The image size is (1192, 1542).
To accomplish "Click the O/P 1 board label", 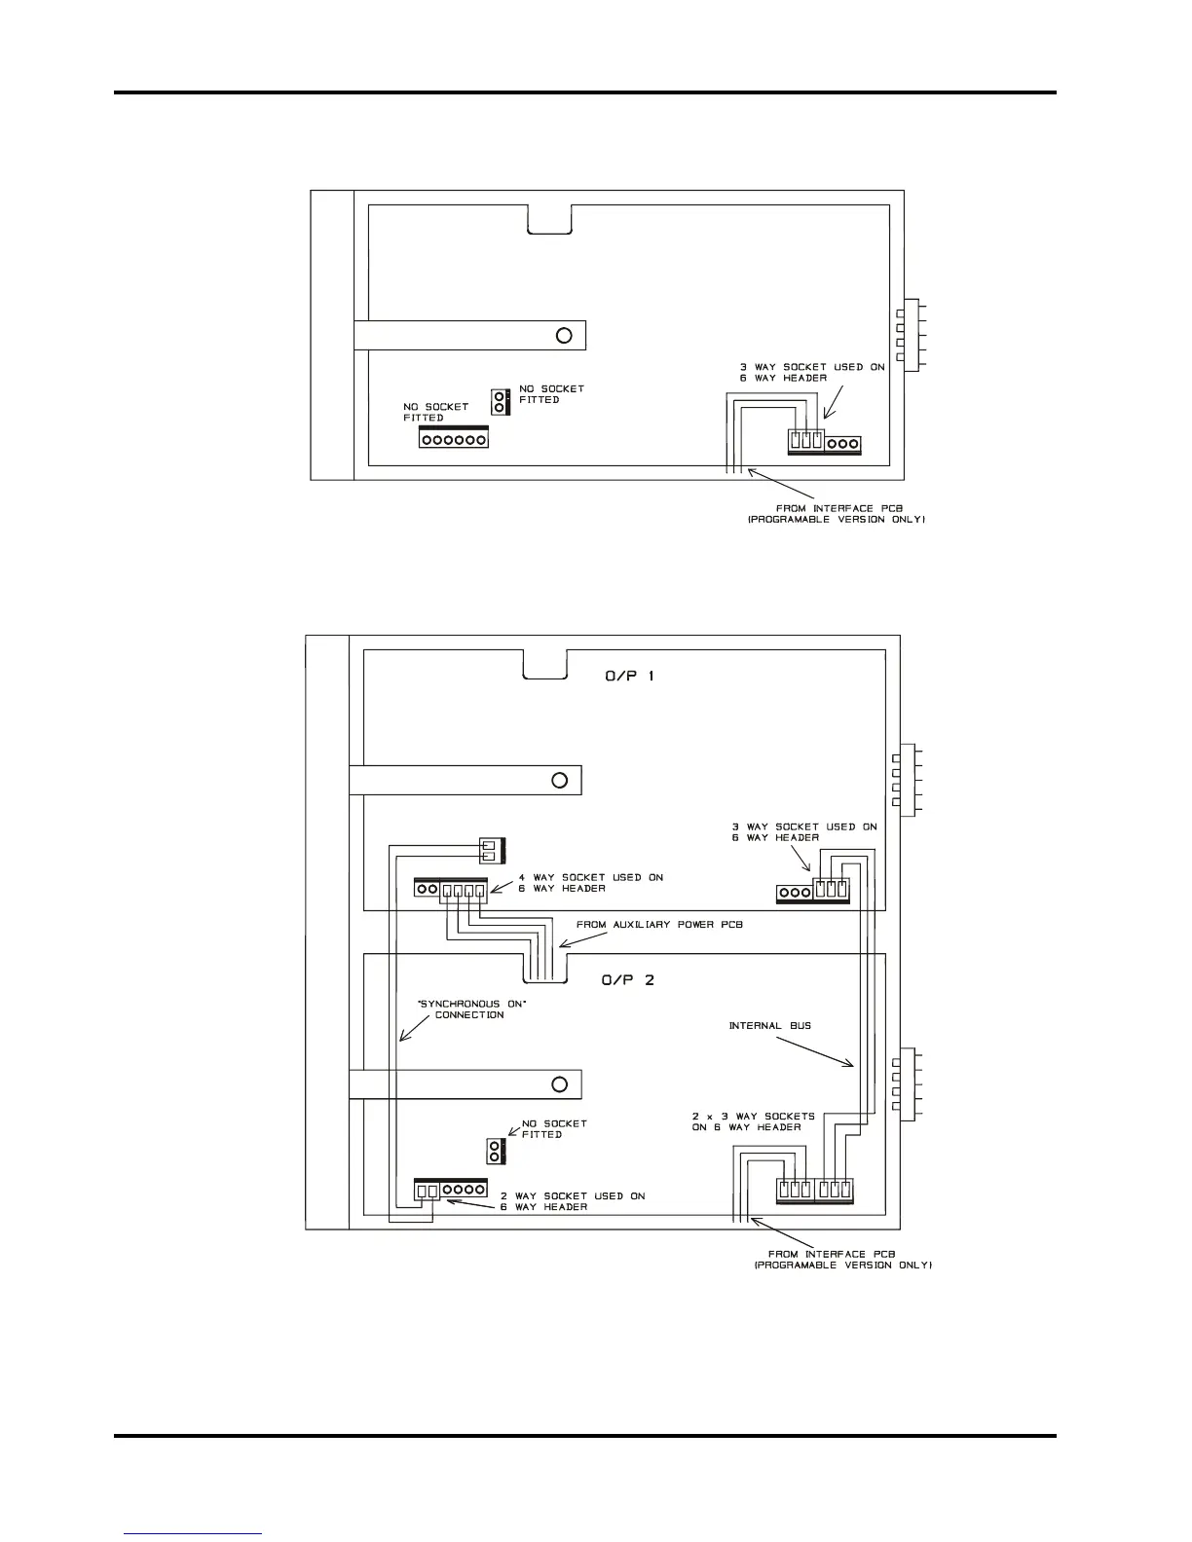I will [629, 676].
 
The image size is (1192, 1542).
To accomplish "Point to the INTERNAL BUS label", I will [769, 1025].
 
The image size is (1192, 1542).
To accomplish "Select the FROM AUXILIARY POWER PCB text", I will [659, 924].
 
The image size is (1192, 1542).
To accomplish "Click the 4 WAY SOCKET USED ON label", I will [590, 877].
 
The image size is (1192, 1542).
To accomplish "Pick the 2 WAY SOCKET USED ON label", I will [573, 1195].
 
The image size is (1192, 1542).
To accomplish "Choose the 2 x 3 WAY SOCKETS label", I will [753, 1116].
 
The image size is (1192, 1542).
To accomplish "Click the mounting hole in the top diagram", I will [563, 336].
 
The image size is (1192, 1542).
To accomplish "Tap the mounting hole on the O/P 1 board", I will [559, 780].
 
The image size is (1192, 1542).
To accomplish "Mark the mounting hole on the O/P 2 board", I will [559, 1083].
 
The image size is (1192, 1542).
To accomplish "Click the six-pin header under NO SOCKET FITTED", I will [453, 440].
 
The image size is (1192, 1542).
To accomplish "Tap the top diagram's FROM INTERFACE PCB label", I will [836, 514].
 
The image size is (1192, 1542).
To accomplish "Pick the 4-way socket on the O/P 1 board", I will [463, 890].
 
